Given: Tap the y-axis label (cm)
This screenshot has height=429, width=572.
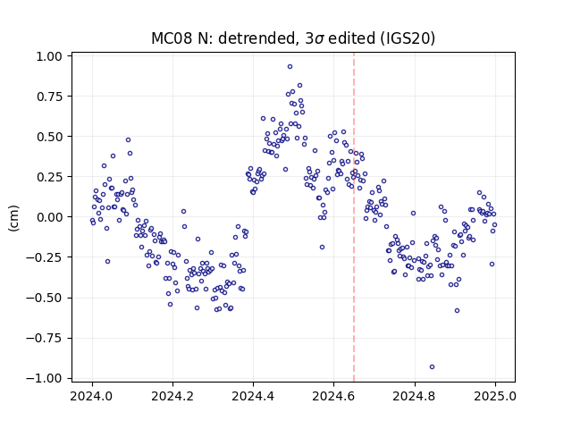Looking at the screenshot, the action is click(13, 218).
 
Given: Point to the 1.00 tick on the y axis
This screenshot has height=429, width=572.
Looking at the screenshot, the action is click(50, 56).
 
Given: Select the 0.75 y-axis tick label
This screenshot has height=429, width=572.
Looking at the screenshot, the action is click(50, 97).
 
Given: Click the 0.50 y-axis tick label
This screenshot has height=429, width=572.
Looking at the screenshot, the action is click(50, 137).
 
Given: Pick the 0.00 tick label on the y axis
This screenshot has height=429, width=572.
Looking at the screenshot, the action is click(50, 217).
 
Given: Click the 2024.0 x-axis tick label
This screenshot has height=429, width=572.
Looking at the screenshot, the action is click(92, 396).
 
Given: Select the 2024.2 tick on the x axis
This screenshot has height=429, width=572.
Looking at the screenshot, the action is click(172, 396).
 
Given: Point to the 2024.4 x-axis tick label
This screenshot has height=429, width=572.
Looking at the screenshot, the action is click(253, 396).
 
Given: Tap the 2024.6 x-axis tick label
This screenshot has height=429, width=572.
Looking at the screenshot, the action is click(333, 396).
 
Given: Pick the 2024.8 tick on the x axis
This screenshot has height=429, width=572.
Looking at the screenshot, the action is click(415, 396).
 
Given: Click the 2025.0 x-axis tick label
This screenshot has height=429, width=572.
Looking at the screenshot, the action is click(495, 396).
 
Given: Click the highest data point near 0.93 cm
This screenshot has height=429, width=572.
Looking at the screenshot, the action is click(290, 67).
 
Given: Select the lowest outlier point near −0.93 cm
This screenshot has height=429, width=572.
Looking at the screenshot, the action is click(432, 367).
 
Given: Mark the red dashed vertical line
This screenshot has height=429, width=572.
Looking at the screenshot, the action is click(354, 217).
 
